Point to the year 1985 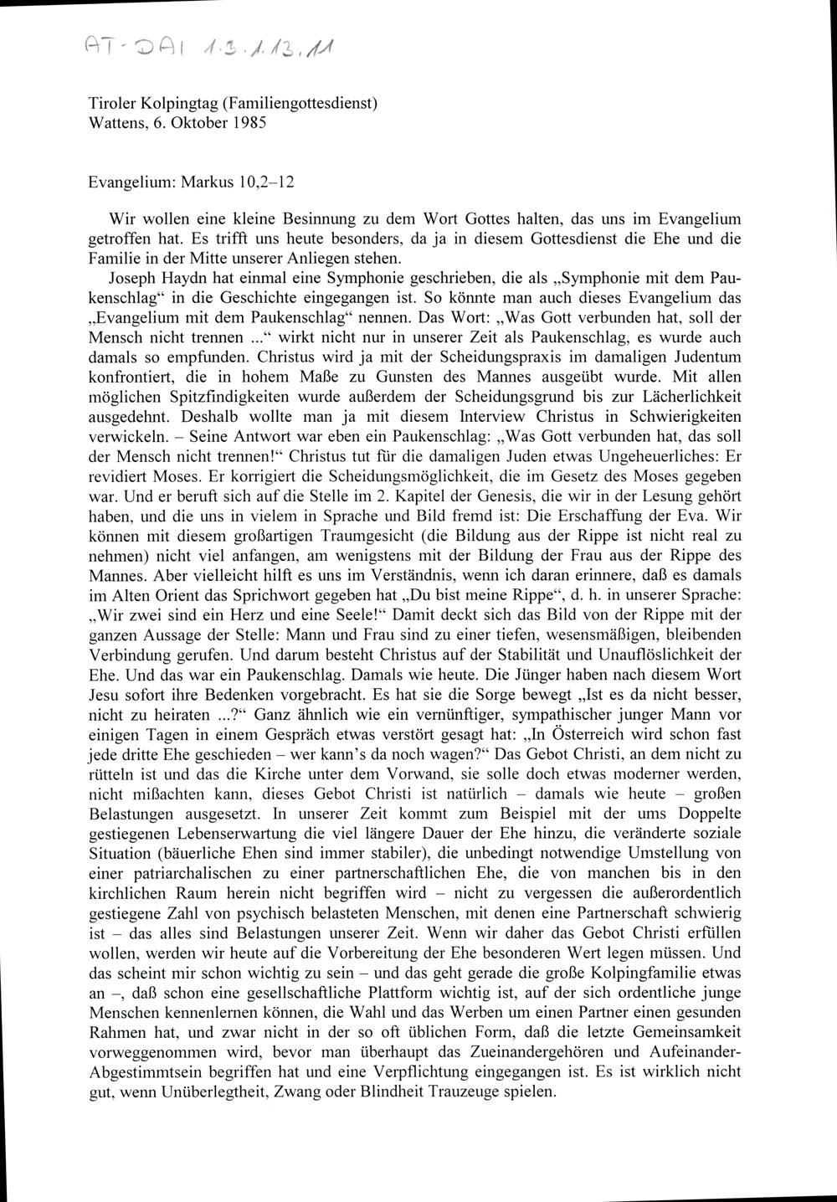click(x=249, y=122)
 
